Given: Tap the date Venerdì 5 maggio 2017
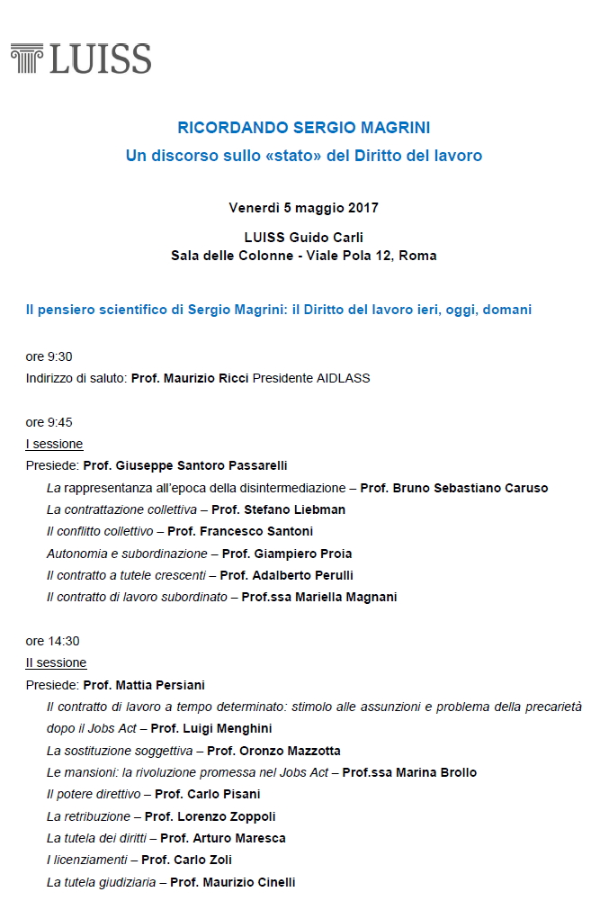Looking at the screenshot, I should (304, 208).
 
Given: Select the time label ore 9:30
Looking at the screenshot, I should (49, 356).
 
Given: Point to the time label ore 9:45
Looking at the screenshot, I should (49, 422).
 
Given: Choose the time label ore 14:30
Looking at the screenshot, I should (52, 641).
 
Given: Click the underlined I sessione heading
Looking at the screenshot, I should (54, 444).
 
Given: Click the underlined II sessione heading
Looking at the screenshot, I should (56, 662).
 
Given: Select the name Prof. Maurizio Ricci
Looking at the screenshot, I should (190, 378).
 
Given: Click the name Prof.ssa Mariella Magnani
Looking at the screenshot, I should (319, 597).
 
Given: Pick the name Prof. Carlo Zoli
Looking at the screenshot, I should (181, 860).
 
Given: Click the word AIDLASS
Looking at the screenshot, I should (343, 378).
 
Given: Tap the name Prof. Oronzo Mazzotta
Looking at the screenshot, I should (273, 751).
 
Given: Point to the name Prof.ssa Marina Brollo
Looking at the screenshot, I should (409, 772).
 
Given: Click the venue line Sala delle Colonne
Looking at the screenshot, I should (225, 256).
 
